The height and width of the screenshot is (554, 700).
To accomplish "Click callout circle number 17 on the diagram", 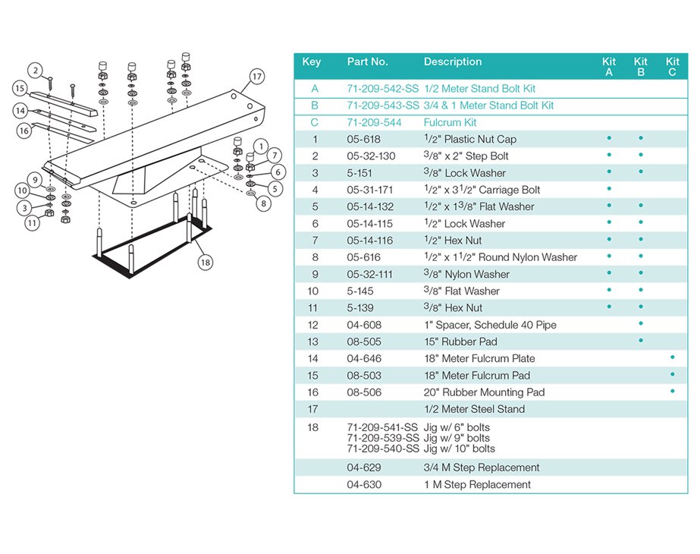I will (257, 77).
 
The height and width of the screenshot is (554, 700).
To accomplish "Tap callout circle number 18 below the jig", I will (205, 263).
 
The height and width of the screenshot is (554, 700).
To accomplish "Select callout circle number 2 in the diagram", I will (36, 71).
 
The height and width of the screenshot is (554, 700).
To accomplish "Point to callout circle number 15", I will (20, 89).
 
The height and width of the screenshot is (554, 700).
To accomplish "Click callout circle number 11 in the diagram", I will (31, 223).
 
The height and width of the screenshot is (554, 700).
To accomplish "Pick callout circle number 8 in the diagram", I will (263, 203).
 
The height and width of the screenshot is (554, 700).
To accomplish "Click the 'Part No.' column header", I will (367, 62).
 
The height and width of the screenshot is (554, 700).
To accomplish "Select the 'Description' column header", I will (453, 62).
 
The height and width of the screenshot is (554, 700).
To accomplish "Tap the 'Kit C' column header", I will (672, 67).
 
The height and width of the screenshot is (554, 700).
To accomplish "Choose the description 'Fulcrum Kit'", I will (450, 122).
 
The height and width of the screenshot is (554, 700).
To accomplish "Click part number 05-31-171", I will (370, 190).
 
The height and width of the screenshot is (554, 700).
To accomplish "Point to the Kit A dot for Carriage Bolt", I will (609, 189).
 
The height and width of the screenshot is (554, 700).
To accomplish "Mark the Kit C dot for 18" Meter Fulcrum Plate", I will (672, 357).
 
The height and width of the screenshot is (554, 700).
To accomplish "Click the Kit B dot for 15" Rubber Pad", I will (641, 341).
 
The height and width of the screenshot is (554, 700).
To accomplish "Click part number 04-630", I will (365, 484).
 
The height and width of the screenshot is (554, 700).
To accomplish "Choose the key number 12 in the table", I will (314, 325).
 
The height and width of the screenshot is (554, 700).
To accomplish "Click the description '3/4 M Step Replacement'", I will (482, 467).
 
